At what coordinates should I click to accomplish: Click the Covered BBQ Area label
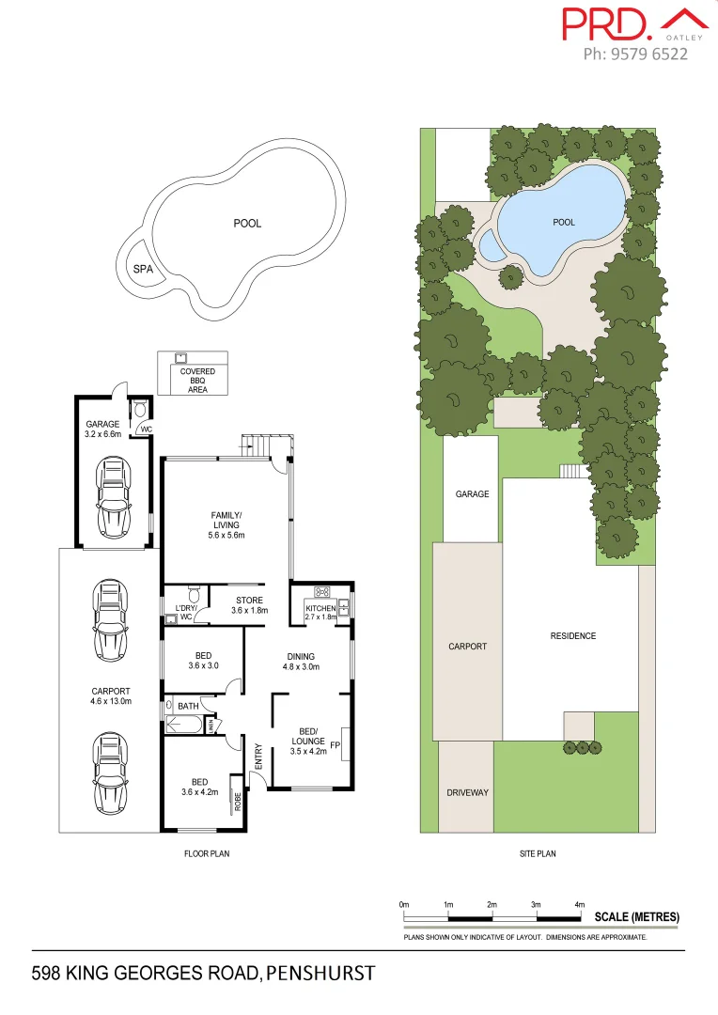[x=197, y=380]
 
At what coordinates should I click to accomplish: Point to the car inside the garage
[x=114, y=496]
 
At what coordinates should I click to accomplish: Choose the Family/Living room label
[x=226, y=524]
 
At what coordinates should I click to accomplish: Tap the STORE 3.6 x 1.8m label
[x=249, y=605]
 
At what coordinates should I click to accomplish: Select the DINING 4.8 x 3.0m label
[x=301, y=662]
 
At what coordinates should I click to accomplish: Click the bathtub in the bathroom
[x=183, y=725]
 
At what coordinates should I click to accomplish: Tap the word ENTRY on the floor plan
[x=258, y=757]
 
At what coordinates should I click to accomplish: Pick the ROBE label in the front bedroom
[x=238, y=802]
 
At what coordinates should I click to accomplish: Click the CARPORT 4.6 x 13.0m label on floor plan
[x=111, y=695]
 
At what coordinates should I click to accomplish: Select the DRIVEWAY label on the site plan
[x=467, y=792]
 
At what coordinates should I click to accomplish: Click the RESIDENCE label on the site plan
[x=572, y=636]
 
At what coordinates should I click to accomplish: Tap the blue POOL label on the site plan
[x=563, y=223]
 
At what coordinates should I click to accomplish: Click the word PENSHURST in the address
[x=320, y=972]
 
